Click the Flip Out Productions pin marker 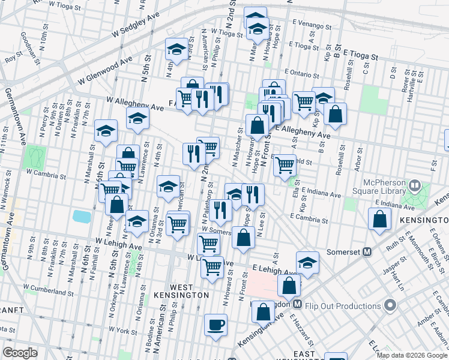[391, 306]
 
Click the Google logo [20, 352]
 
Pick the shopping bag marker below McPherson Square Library [381, 220]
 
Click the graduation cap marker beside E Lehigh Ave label [307, 263]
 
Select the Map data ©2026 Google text [412, 355]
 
